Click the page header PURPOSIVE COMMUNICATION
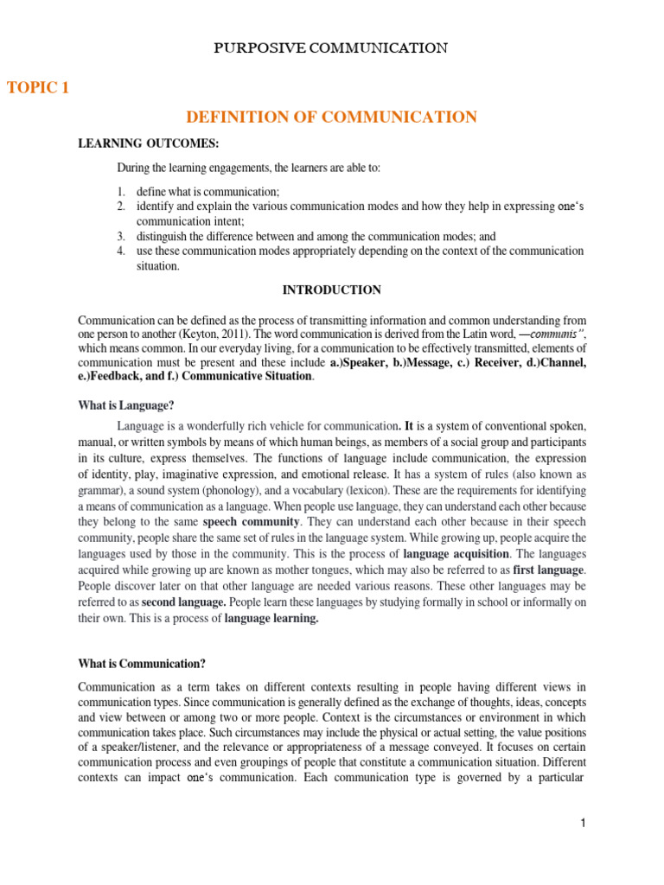331,48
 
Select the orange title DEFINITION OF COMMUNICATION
331,117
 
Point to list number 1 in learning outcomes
122,191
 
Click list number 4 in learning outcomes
122,251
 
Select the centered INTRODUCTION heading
331,290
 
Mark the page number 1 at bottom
583,824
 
